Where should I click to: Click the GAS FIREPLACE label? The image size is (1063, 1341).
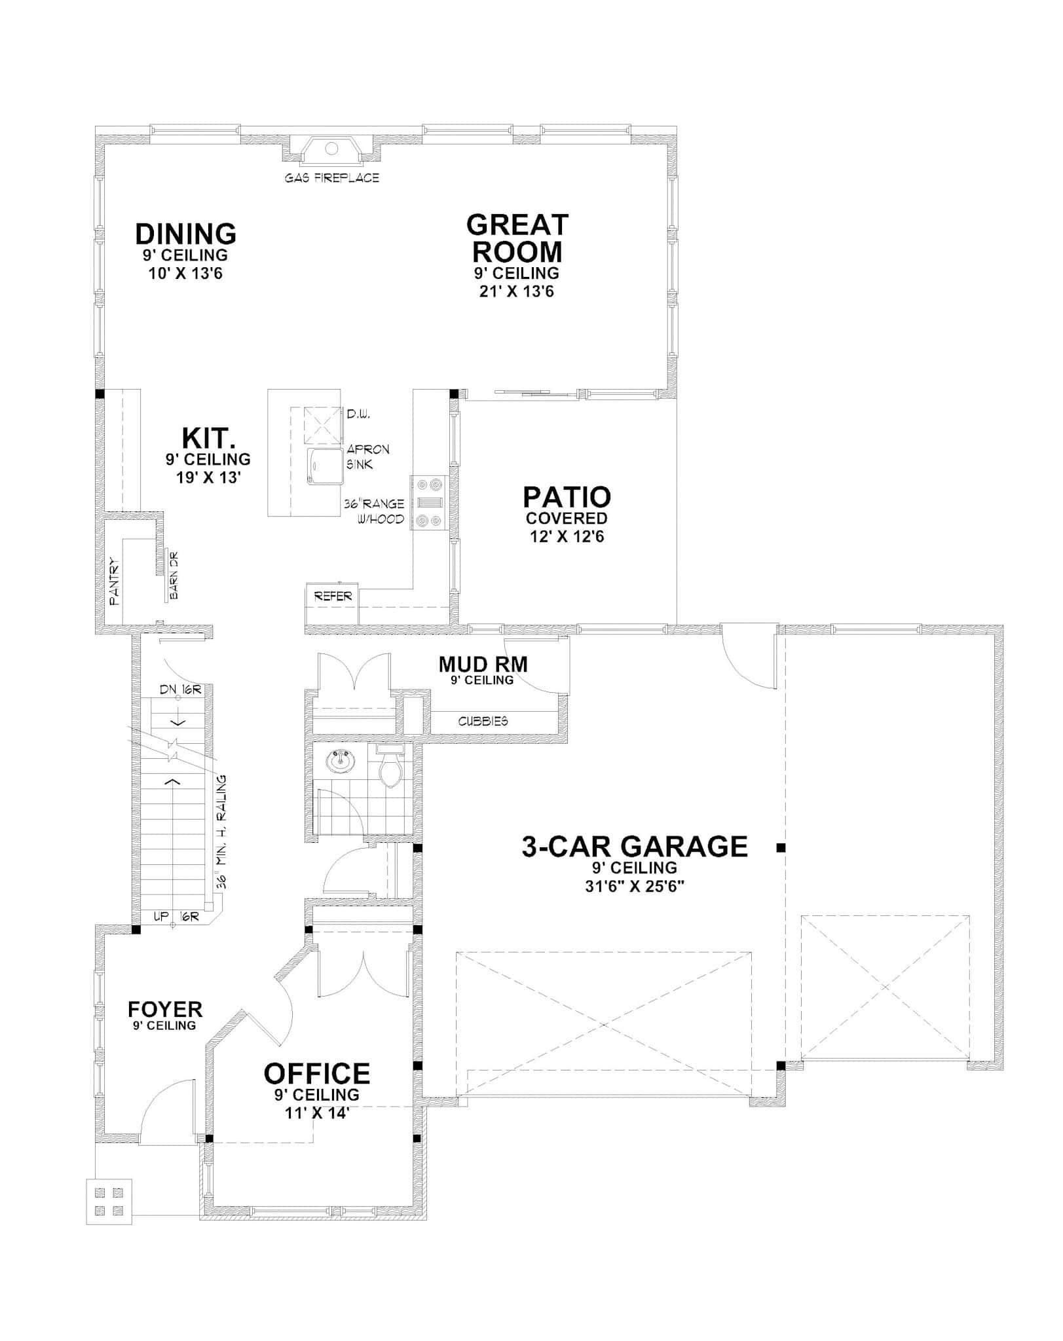click(331, 177)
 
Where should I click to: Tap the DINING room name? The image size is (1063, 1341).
click(185, 234)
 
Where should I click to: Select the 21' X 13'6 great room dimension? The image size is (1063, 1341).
click(516, 291)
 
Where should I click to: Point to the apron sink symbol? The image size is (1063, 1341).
click(326, 466)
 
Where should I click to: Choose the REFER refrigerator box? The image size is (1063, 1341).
click(333, 597)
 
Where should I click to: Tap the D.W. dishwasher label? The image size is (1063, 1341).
click(359, 414)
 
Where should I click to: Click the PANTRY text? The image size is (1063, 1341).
click(115, 580)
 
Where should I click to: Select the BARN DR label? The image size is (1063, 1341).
click(174, 576)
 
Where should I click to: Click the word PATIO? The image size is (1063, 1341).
click(567, 497)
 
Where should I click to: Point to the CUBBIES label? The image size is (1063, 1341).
click(483, 721)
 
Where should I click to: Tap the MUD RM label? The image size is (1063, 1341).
click(483, 665)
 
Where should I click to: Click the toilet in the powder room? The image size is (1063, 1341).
click(392, 768)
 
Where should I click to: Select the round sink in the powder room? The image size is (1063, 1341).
click(341, 762)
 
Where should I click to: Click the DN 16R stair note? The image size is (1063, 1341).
click(179, 689)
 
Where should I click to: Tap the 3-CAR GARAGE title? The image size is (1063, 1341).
click(634, 847)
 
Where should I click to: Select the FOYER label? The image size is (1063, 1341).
click(165, 1009)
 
